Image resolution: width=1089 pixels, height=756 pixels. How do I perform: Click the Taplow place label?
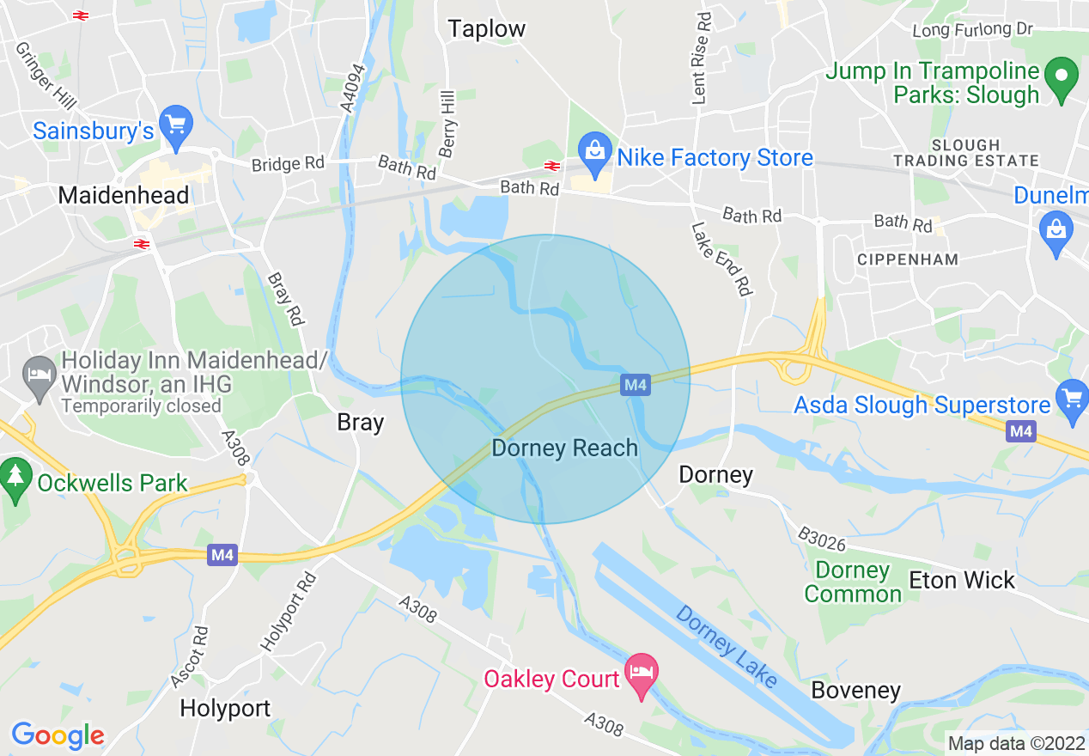click(486, 28)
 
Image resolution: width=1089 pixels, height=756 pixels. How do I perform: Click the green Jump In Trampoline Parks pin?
click(1063, 79)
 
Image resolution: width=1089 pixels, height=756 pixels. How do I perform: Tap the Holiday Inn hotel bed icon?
click(39, 376)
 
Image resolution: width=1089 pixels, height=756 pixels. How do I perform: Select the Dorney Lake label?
click(726, 647)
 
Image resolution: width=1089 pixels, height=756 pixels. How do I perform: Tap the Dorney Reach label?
click(564, 448)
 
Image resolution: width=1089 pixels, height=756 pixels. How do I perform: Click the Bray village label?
click(361, 423)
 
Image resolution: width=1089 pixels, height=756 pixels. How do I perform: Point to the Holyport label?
click(225, 708)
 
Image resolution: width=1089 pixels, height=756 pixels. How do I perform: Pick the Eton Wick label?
click(962, 580)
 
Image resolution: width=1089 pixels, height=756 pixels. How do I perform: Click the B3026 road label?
click(821, 540)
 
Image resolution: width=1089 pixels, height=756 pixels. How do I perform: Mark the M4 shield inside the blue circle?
click(636, 384)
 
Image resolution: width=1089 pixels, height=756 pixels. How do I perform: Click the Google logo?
click(58, 735)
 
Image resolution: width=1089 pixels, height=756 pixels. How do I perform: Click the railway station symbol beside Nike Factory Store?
click(551, 166)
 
